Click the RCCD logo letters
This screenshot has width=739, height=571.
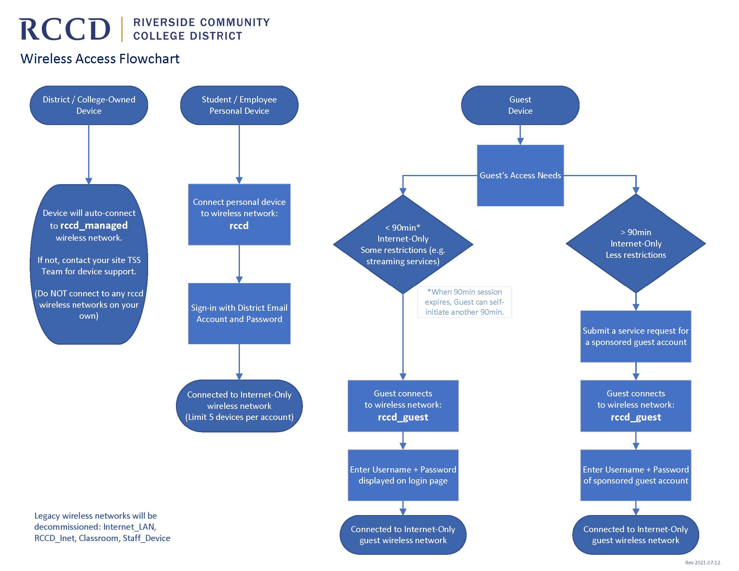pos(64,29)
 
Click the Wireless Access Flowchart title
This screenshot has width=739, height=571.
pos(100,59)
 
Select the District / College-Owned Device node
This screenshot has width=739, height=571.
pos(89,105)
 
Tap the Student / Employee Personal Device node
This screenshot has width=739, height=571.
pos(239,105)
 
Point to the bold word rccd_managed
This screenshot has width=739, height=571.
pos(94,226)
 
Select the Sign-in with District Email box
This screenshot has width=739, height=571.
pos(239,313)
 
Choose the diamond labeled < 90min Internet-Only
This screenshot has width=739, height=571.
pos(403,244)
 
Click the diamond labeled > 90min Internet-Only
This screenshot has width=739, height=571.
pos(636,243)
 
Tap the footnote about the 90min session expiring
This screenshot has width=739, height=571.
pos(464,302)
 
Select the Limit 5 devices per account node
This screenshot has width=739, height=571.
pos(239,406)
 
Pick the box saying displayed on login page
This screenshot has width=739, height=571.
pos(403,475)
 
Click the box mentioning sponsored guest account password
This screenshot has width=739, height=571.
pos(636,475)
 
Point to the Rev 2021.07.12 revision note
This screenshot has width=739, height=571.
pos(703,562)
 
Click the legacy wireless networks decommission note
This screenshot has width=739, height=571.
pos(102,527)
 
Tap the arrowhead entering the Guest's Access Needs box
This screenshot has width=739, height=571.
pos(520,141)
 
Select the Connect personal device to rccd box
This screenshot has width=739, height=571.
pos(239,214)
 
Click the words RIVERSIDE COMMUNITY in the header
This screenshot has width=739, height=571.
pos(201,23)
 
